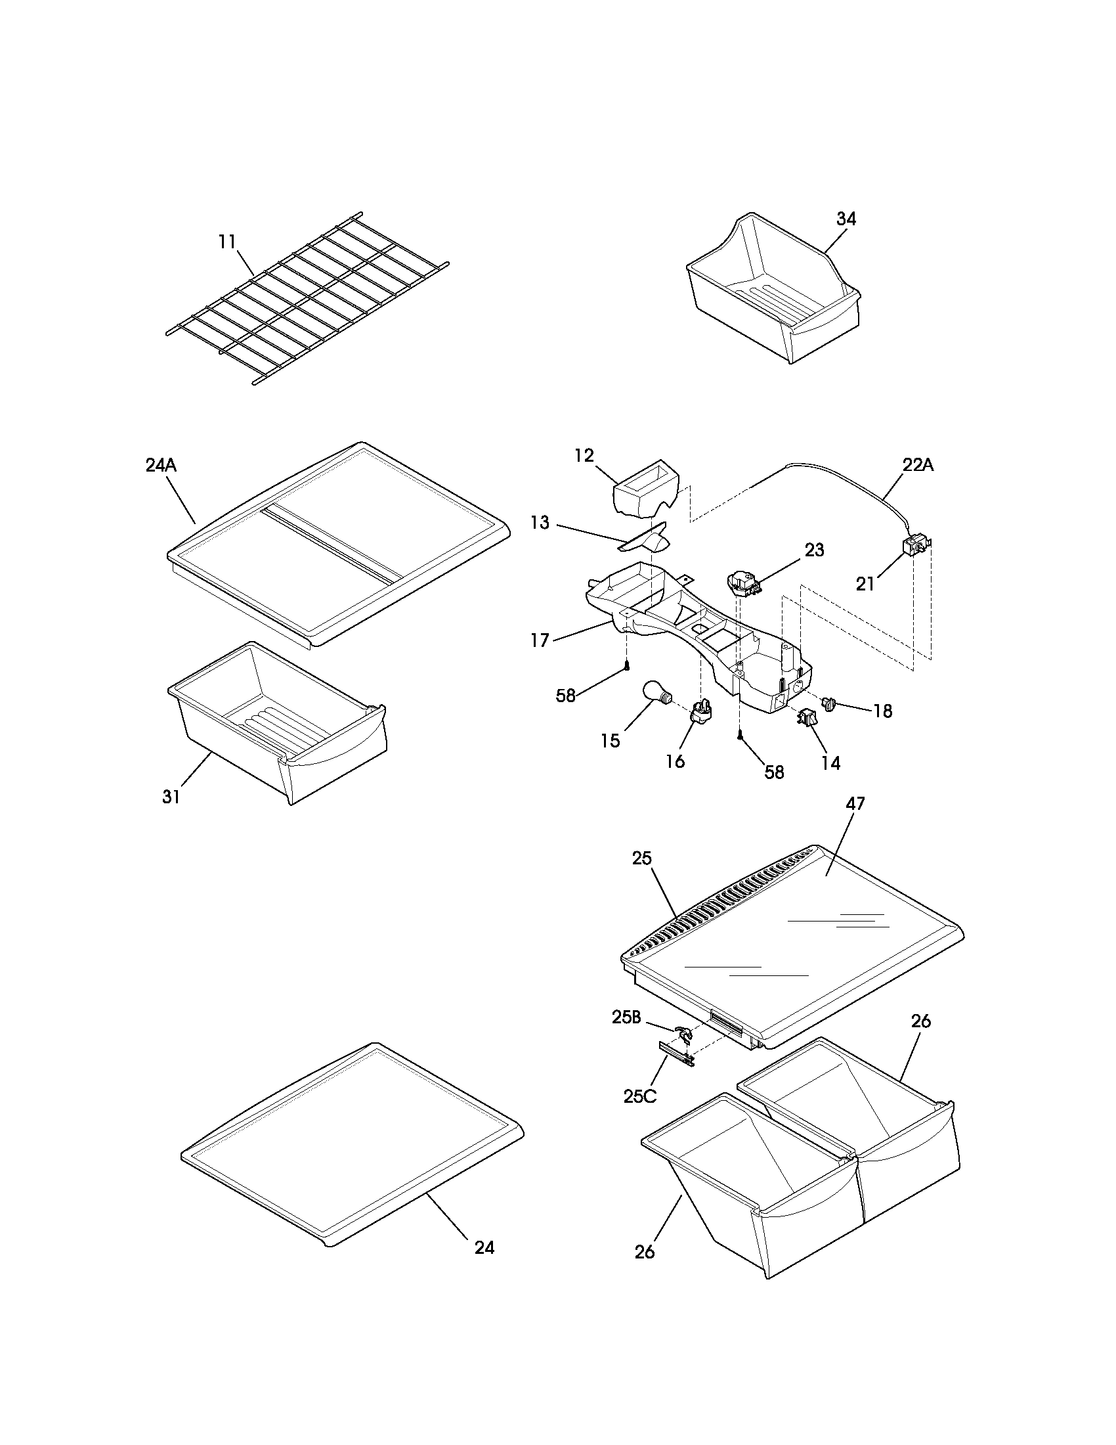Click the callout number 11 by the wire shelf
[x=226, y=242]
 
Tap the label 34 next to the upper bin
[x=846, y=219]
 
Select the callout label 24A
[x=161, y=465]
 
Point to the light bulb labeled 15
[x=656, y=694]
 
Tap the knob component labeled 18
[x=828, y=704]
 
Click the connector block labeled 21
[x=915, y=546]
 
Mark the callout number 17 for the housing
[x=540, y=640]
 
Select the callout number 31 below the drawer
[x=171, y=797]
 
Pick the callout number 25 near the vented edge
[x=641, y=858]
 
